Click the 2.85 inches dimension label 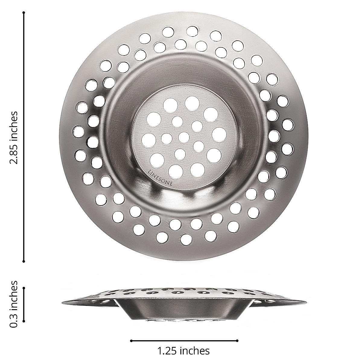click(x=14, y=138)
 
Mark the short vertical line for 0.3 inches click(x=24, y=305)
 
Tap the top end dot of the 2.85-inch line click(x=24, y=13)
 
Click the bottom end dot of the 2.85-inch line click(x=24, y=261)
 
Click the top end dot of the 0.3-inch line click(x=24, y=288)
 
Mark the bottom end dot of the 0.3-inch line click(x=24, y=322)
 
